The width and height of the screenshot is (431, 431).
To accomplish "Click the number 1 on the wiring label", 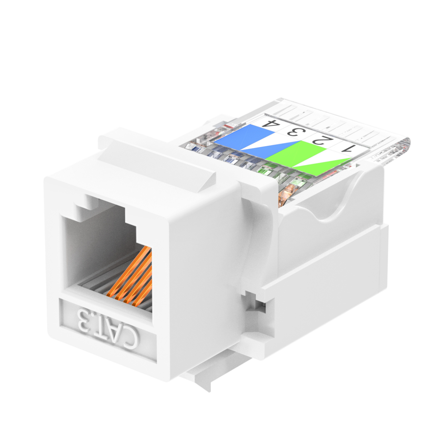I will [x=347, y=149].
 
